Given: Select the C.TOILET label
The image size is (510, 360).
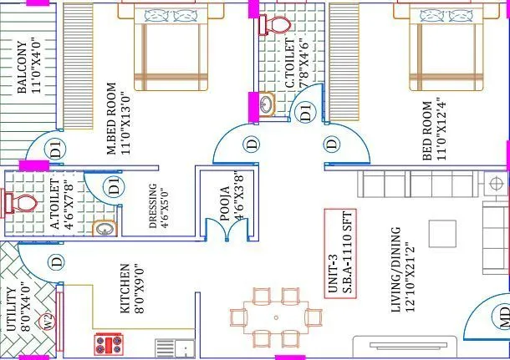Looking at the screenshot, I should [289, 67].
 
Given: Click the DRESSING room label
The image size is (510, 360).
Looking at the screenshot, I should [152, 205].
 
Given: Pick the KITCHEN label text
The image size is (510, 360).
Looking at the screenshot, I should [125, 288].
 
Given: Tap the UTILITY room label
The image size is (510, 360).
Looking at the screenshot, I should [11, 309].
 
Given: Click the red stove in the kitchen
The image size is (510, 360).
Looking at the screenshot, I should [110, 344].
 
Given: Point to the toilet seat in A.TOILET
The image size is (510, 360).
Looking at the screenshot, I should [20, 203].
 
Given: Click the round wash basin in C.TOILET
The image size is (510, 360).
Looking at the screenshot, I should [267, 104].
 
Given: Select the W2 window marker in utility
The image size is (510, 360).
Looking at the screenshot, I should [48, 320].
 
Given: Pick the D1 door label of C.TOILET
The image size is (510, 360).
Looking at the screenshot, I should [305, 111].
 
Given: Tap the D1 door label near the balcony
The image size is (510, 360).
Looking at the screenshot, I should [55, 151].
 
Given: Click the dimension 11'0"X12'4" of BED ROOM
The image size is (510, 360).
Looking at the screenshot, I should [441, 129].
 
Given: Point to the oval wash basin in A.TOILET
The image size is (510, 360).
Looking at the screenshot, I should [104, 226].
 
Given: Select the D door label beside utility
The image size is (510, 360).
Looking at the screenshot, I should [56, 262].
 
